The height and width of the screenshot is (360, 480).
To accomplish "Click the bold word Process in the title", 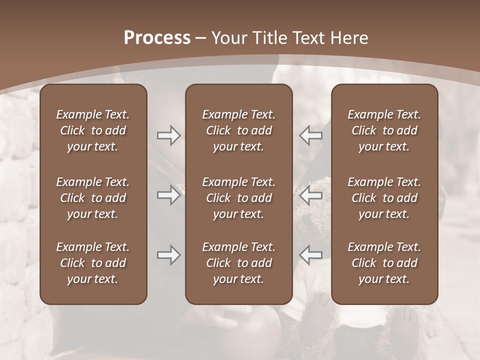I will click(157, 38).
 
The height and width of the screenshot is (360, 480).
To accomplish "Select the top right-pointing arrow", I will click(168, 135).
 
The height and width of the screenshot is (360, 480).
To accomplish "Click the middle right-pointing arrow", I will click(168, 195).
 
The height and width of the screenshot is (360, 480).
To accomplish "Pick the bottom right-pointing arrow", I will click(168, 255).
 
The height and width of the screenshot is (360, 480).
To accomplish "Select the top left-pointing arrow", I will click(310, 135).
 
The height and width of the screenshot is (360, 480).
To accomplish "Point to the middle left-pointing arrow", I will click(310, 195).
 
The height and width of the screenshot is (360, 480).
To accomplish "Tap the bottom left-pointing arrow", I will click(310, 255).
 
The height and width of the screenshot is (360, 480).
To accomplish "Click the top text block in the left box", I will click(93, 130).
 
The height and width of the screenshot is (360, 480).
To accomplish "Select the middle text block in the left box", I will click(93, 198).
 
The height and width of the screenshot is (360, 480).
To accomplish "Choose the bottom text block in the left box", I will click(93, 263).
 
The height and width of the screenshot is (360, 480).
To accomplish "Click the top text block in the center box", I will click(239, 130).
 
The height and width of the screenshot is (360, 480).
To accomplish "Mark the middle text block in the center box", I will click(239, 198).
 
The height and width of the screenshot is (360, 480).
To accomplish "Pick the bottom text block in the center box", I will click(239, 263).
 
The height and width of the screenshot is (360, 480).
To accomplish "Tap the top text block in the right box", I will click(384, 130).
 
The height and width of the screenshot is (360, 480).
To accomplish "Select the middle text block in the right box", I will click(384, 198).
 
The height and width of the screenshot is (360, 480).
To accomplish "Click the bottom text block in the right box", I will click(384, 263).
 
